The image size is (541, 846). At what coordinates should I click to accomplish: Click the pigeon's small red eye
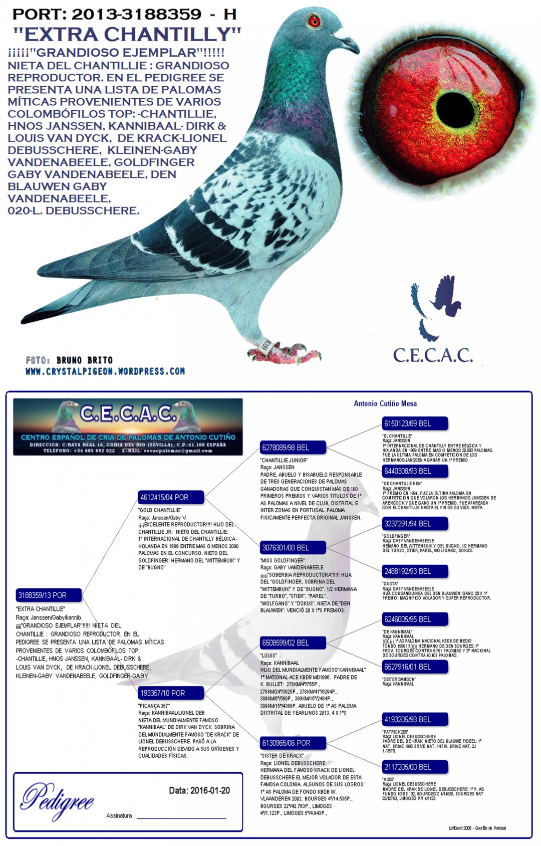[314, 21]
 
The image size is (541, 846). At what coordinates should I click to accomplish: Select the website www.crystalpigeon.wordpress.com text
[105, 371]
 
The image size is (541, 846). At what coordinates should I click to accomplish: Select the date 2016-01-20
[199, 791]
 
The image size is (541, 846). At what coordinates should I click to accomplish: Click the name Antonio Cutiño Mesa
[385, 403]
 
